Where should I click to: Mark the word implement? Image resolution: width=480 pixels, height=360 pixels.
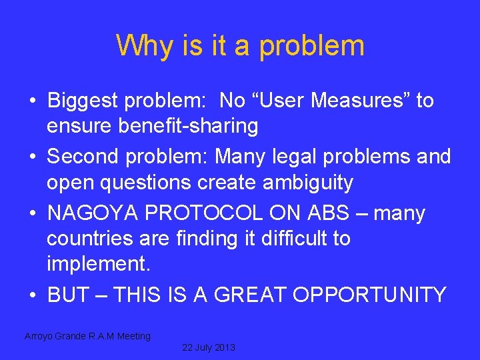[99, 263]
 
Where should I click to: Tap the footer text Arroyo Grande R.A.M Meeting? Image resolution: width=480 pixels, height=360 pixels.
[88, 336]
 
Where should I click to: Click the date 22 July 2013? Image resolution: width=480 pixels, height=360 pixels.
[208, 348]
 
